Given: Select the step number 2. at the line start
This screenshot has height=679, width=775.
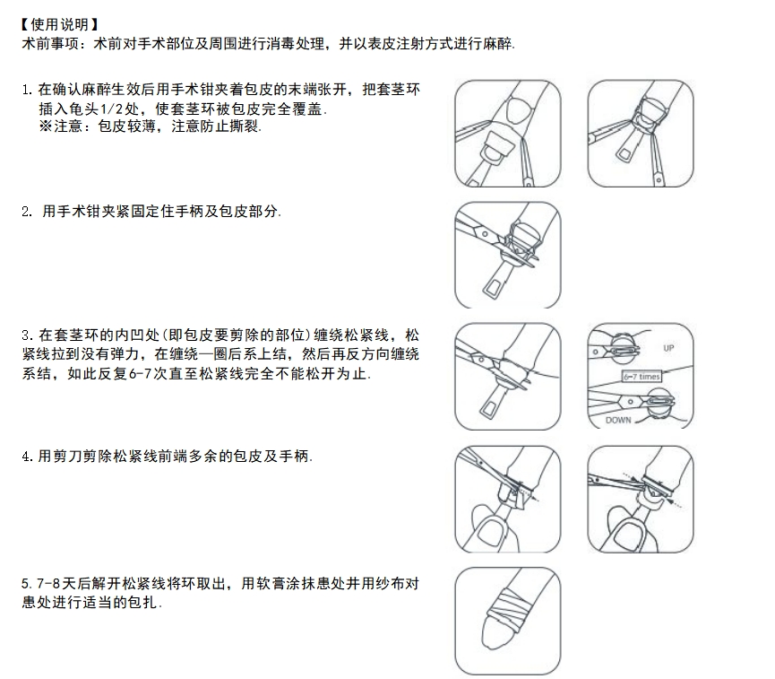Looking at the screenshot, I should pos(27,213).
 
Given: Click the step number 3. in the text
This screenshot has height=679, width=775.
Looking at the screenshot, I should pos(26,335).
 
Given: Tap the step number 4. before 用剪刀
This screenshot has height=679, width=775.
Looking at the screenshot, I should pos(27,457).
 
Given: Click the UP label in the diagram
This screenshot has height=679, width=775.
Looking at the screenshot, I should pos(668,347).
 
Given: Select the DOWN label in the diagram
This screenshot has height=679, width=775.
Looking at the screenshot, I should pos(618,419).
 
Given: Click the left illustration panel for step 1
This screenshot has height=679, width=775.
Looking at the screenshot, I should pos(508,133).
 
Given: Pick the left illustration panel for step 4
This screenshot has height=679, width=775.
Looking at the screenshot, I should pos(508,499).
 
